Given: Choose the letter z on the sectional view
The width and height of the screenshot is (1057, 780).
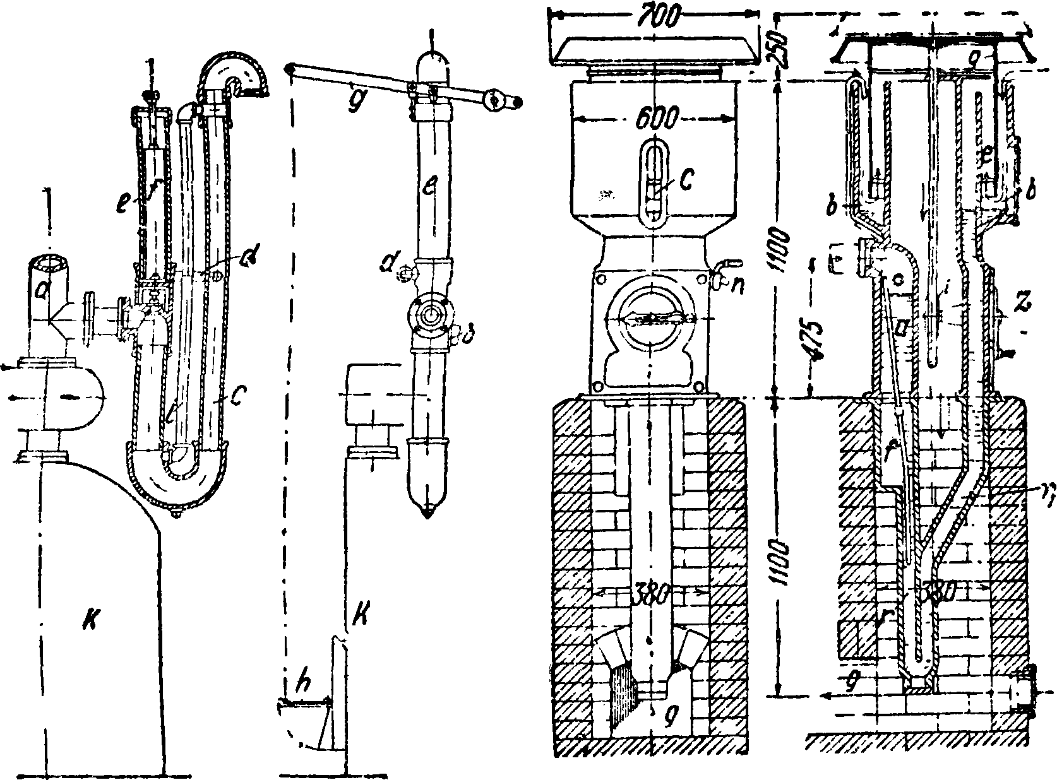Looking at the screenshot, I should pyautogui.click(x=1022, y=305).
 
